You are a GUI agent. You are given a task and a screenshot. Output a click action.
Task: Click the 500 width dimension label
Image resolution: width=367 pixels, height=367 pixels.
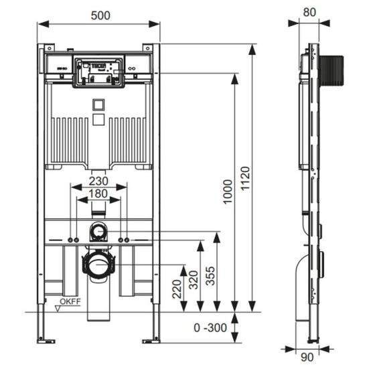click(x=100, y=15)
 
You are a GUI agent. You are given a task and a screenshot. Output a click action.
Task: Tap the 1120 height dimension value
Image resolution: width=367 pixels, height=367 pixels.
click(x=246, y=178)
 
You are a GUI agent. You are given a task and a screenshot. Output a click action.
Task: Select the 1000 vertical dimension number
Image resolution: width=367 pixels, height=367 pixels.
click(x=228, y=192)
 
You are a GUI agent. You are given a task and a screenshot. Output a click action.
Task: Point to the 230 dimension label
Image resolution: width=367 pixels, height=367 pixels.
click(x=98, y=181)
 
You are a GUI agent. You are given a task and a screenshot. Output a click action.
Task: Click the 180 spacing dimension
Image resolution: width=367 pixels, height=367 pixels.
click(x=98, y=194)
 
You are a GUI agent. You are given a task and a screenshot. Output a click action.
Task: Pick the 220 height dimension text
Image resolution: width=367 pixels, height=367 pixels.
click(x=177, y=289)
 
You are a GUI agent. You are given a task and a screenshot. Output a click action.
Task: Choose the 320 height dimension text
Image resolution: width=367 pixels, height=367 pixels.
click(x=194, y=280)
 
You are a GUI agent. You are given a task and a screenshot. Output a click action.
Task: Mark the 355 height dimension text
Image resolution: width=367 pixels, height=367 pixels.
click(x=210, y=276)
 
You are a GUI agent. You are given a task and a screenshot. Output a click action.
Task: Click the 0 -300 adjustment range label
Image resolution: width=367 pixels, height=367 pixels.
click(x=210, y=327)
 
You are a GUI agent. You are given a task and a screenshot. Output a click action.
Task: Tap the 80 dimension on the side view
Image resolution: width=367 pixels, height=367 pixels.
click(x=309, y=13)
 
